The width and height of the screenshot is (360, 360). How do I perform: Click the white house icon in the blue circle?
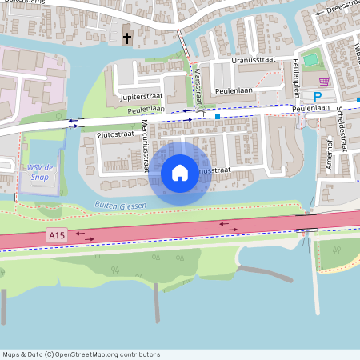180,173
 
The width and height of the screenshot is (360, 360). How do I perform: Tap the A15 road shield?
56,235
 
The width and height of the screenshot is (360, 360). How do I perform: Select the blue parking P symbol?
318,97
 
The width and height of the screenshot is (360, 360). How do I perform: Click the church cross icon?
127,38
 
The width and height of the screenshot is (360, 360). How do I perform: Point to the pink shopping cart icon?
324,82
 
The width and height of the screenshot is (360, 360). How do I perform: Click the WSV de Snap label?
41,171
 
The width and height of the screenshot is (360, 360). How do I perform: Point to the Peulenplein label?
296,74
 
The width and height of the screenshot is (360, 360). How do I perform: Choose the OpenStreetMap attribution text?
81,354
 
